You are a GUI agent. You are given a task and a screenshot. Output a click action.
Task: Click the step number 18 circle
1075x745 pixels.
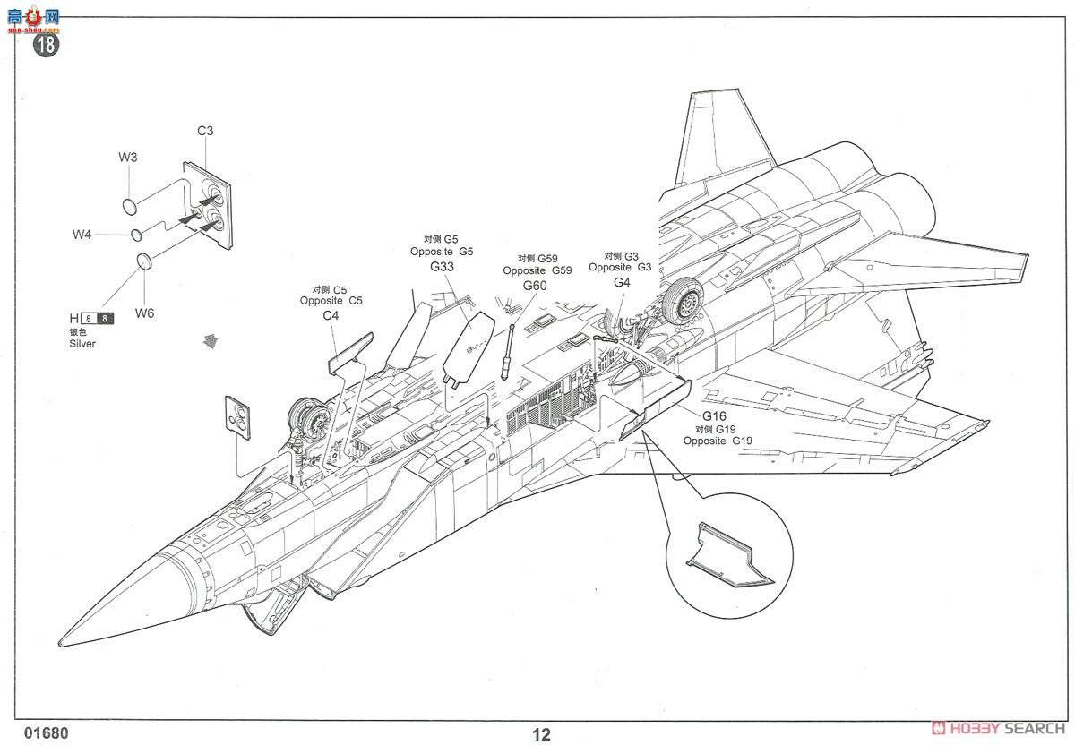[47, 45]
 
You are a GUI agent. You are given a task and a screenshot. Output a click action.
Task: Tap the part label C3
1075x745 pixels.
[205, 131]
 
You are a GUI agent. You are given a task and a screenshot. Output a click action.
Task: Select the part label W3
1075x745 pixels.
[128, 157]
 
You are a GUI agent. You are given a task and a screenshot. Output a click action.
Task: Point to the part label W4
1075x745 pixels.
[82, 235]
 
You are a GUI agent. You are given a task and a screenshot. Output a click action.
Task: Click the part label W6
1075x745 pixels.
[145, 313]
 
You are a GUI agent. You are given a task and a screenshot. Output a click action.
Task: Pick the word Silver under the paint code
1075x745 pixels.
[82, 344]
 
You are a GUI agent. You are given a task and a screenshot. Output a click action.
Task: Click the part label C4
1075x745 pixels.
[331, 315]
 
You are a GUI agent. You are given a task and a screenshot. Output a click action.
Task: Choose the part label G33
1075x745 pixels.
[442, 267]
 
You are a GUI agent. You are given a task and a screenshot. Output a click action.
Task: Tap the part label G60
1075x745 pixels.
[535, 286]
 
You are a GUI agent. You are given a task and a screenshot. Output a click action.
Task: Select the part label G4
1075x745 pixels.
[622, 282]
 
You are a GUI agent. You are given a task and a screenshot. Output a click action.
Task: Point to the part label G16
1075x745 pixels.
[714, 416]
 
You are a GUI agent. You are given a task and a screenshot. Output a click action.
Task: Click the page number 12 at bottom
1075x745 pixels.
[541, 735]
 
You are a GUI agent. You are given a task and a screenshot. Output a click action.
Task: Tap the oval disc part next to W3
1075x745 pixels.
[129, 205]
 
